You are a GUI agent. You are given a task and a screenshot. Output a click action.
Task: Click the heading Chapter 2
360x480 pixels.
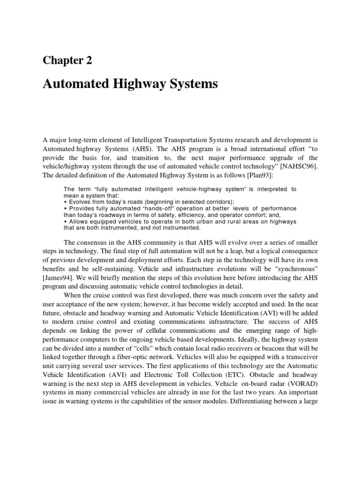click(x=67, y=60)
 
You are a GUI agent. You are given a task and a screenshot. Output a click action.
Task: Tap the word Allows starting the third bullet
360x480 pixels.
click(x=78, y=221)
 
